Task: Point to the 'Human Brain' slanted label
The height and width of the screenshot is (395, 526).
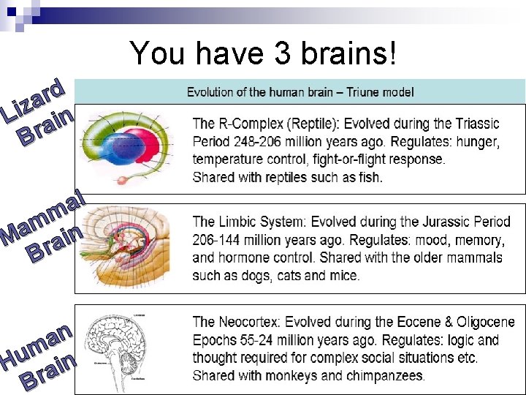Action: click(x=40, y=355)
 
